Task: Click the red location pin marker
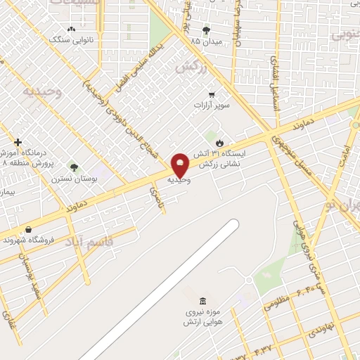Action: point(180,165)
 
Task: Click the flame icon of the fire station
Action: point(219,142)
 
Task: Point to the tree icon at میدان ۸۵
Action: point(206,30)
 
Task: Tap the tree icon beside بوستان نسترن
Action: point(74,167)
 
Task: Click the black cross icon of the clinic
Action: point(18,141)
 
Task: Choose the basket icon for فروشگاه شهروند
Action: point(28,229)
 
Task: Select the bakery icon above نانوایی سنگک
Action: point(71,29)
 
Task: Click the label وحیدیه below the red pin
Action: point(179,180)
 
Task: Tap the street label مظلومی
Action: point(278,303)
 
